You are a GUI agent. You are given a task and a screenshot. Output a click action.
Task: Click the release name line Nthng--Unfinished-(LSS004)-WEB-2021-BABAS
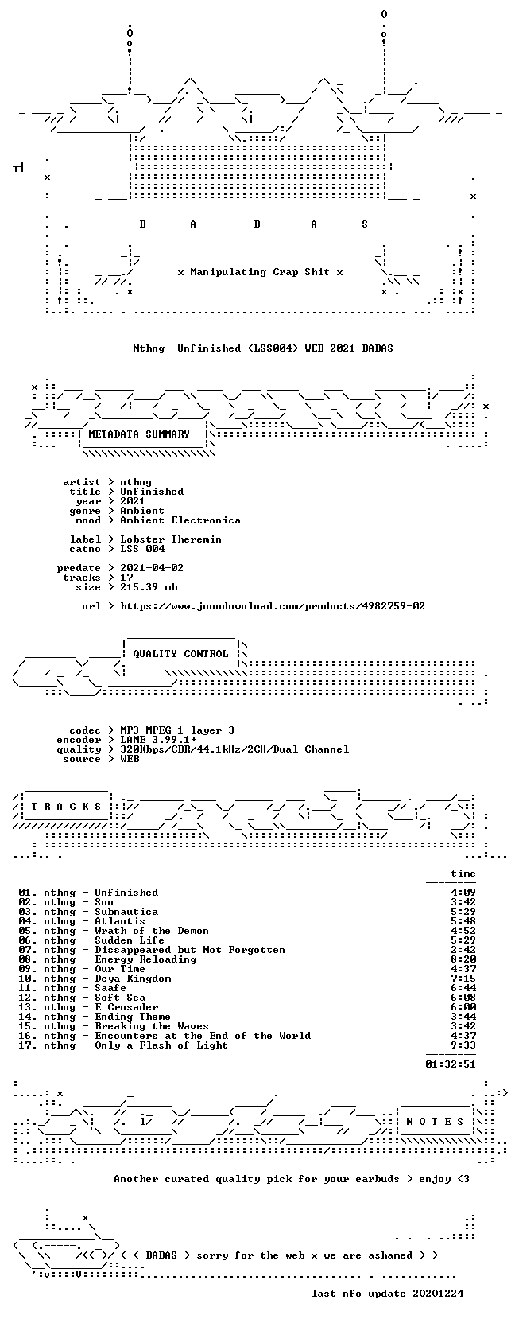pos(263,348)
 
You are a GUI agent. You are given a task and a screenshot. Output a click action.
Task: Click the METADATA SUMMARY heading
pos(139,434)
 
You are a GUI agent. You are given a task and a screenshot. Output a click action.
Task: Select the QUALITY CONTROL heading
pos(180,654)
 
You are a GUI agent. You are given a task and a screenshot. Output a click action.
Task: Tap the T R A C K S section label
pos(66,807)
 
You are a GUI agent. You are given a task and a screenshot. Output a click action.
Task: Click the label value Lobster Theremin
pos(171,539)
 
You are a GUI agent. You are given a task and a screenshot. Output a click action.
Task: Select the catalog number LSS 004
pos(143,549)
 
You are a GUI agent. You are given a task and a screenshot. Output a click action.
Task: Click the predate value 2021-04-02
pos(152,568)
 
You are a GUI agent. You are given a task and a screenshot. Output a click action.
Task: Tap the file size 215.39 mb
pos(149,587)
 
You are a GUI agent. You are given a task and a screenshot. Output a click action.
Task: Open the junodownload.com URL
pos(273,606)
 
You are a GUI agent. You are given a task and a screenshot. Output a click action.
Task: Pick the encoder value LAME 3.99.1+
pos(159,740)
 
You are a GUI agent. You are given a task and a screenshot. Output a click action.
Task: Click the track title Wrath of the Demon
pos(152,931)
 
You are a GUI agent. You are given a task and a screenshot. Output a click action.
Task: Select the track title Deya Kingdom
pos(133,979)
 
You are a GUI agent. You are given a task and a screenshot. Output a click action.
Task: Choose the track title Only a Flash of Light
pos(161,1045)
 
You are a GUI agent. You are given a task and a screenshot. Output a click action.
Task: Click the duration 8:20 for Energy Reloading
pos(463,959)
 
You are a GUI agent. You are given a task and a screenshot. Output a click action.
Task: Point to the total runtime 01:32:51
pos(451,1064)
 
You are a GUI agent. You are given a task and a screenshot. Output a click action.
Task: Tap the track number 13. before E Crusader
pos(27,1007)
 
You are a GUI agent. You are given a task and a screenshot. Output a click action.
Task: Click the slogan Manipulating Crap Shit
pos(260,273)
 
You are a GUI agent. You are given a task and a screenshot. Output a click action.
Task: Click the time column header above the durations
pos(463,874)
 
